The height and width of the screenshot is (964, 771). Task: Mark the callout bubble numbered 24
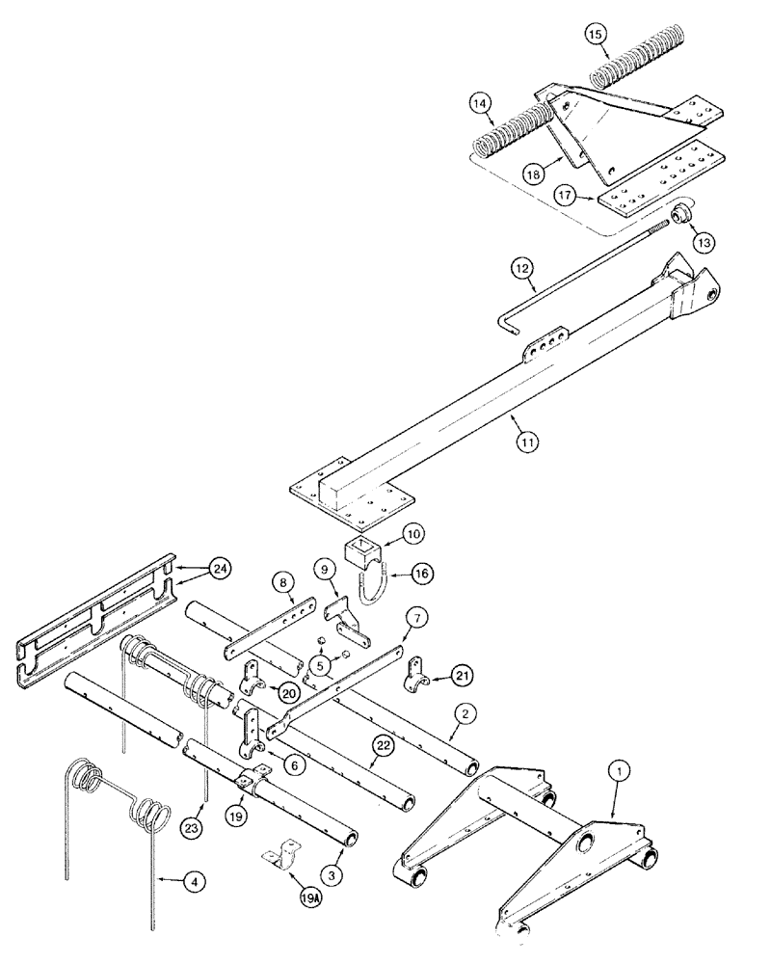pos(221,572)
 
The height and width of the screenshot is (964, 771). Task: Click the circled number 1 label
pos(621,770)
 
